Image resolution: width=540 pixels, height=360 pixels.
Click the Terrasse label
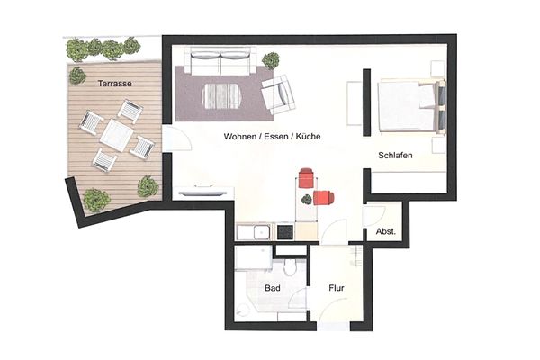(114, 84)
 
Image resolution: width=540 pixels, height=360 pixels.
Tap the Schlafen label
(395, 156)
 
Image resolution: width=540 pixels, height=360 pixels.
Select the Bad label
(273, 288)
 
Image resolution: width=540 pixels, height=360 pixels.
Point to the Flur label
(336, 288)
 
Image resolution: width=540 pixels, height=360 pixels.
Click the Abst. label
(386, 231)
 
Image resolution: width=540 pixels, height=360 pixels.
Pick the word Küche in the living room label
(309, 137)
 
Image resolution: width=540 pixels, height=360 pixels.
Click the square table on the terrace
(117, 135)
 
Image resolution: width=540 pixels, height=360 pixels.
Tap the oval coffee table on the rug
(220, 96)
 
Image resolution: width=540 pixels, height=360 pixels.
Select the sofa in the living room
(220, 61)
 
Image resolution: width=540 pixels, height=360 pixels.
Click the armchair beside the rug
(278, 94)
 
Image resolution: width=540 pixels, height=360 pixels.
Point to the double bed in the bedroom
(412, 105)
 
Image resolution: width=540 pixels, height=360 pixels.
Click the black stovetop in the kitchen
(284, 232)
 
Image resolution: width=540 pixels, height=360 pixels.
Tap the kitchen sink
(262, 232)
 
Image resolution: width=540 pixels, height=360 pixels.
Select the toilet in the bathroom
(290, 266)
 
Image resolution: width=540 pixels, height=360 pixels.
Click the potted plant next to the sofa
(271, 60)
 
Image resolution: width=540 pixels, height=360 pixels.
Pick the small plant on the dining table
(306, 199)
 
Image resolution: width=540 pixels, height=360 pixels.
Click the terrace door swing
(176, 139)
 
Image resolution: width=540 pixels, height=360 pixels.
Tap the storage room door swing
(373, 216)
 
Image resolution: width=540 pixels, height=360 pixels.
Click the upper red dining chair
(306, 178)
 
